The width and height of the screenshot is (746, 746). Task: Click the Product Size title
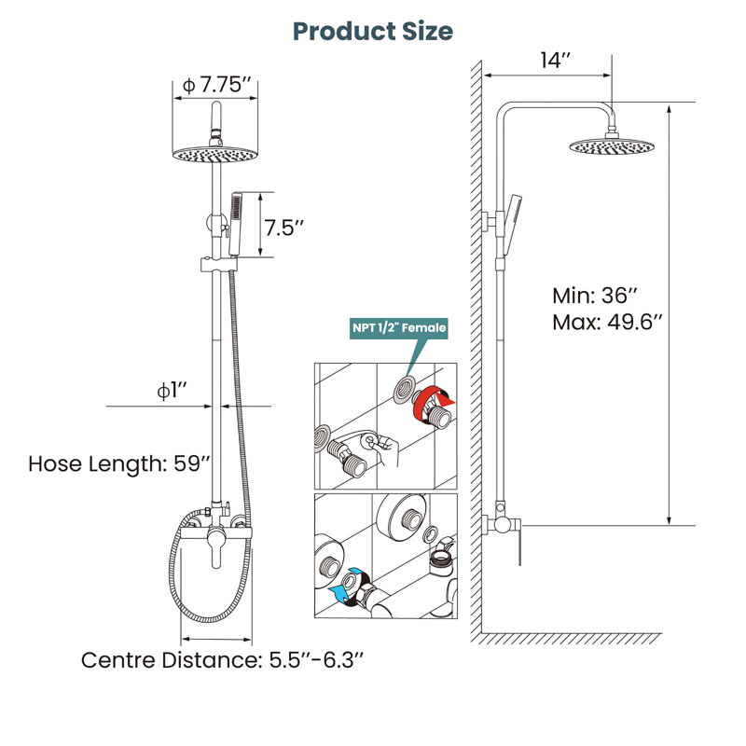pos(372,32)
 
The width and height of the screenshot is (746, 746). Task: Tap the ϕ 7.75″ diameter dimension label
pos(216,85)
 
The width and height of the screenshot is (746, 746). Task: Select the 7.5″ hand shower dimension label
pos(284,228)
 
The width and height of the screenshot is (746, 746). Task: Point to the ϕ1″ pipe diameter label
pos(172,391)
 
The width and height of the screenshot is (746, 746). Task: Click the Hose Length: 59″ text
pos(119,463)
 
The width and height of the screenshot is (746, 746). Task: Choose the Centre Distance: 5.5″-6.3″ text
pos(222,660)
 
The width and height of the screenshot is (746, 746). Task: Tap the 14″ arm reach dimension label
pos(555,61)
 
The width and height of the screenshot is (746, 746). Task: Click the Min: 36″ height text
pos(594,296)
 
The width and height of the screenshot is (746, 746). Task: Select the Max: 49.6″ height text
pos(607,322)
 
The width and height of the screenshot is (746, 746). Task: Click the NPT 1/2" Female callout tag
pos(399,328)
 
